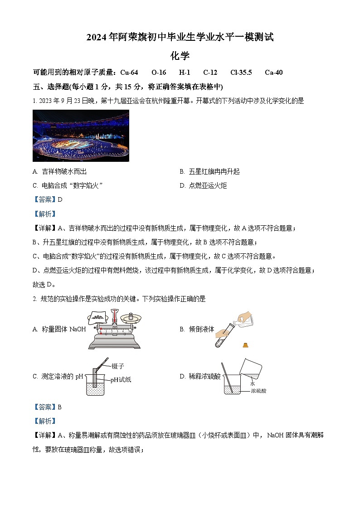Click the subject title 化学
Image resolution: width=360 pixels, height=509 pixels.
[x=180, y=56]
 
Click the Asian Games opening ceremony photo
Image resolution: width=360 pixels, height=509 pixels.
[x=81, y=136]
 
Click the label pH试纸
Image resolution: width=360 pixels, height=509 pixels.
[x=121, y=380]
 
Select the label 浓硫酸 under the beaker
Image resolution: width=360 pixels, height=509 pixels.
[x=258, y=390]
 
